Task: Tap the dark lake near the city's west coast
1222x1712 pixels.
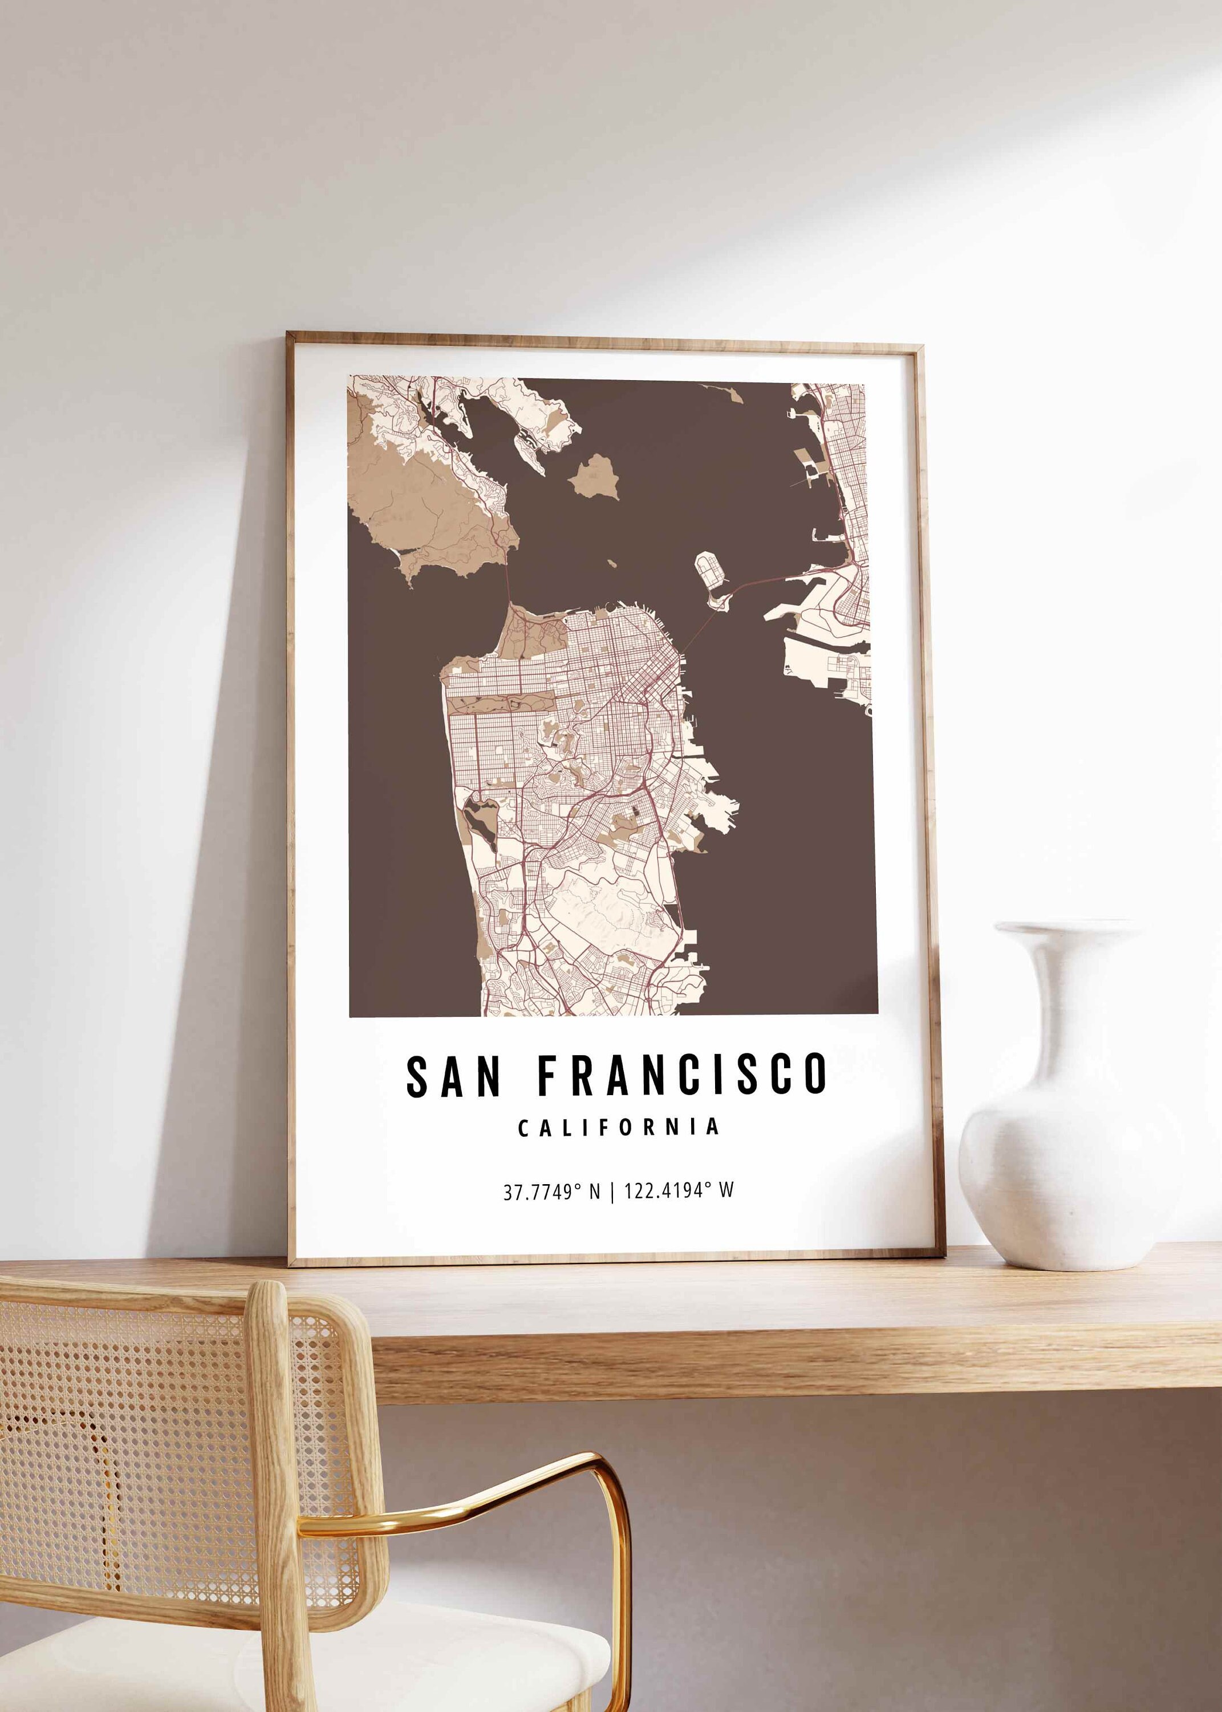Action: click(478, 816)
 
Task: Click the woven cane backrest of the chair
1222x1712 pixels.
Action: click(128, 1431)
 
